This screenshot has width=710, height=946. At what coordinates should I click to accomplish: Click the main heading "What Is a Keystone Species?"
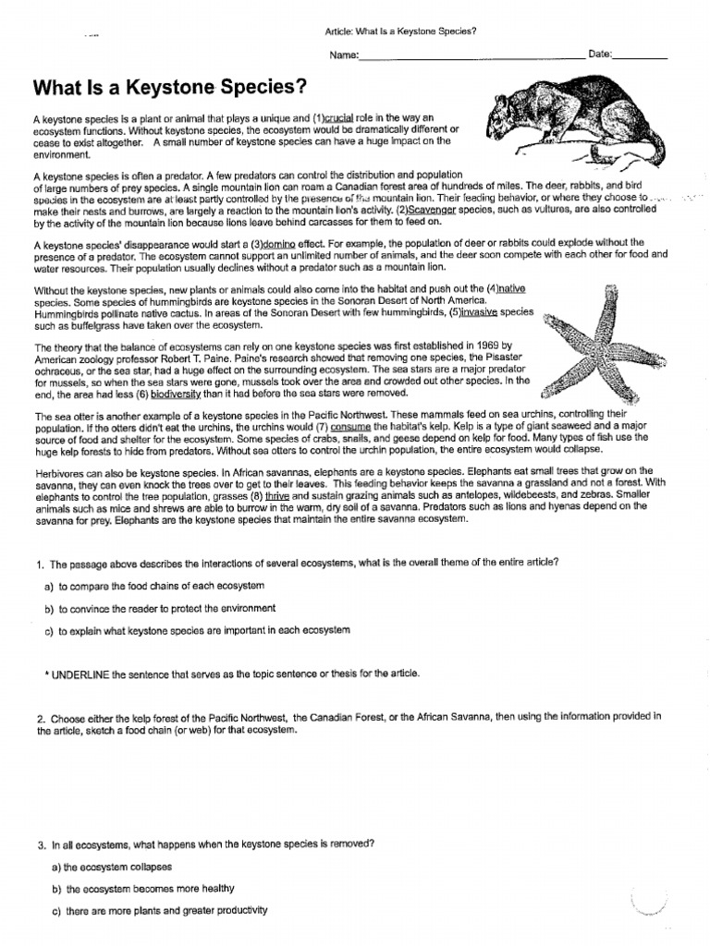click(168, 88)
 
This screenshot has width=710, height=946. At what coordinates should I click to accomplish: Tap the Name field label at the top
click(343, 56)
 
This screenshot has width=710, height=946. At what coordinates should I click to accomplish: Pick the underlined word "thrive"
click(277, 495)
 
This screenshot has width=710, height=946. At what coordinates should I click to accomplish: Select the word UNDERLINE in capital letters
click(80, 673)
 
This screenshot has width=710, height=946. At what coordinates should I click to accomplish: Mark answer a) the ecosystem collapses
click(116, 867)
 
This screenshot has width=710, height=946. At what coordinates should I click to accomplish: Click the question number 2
click(42, 717)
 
